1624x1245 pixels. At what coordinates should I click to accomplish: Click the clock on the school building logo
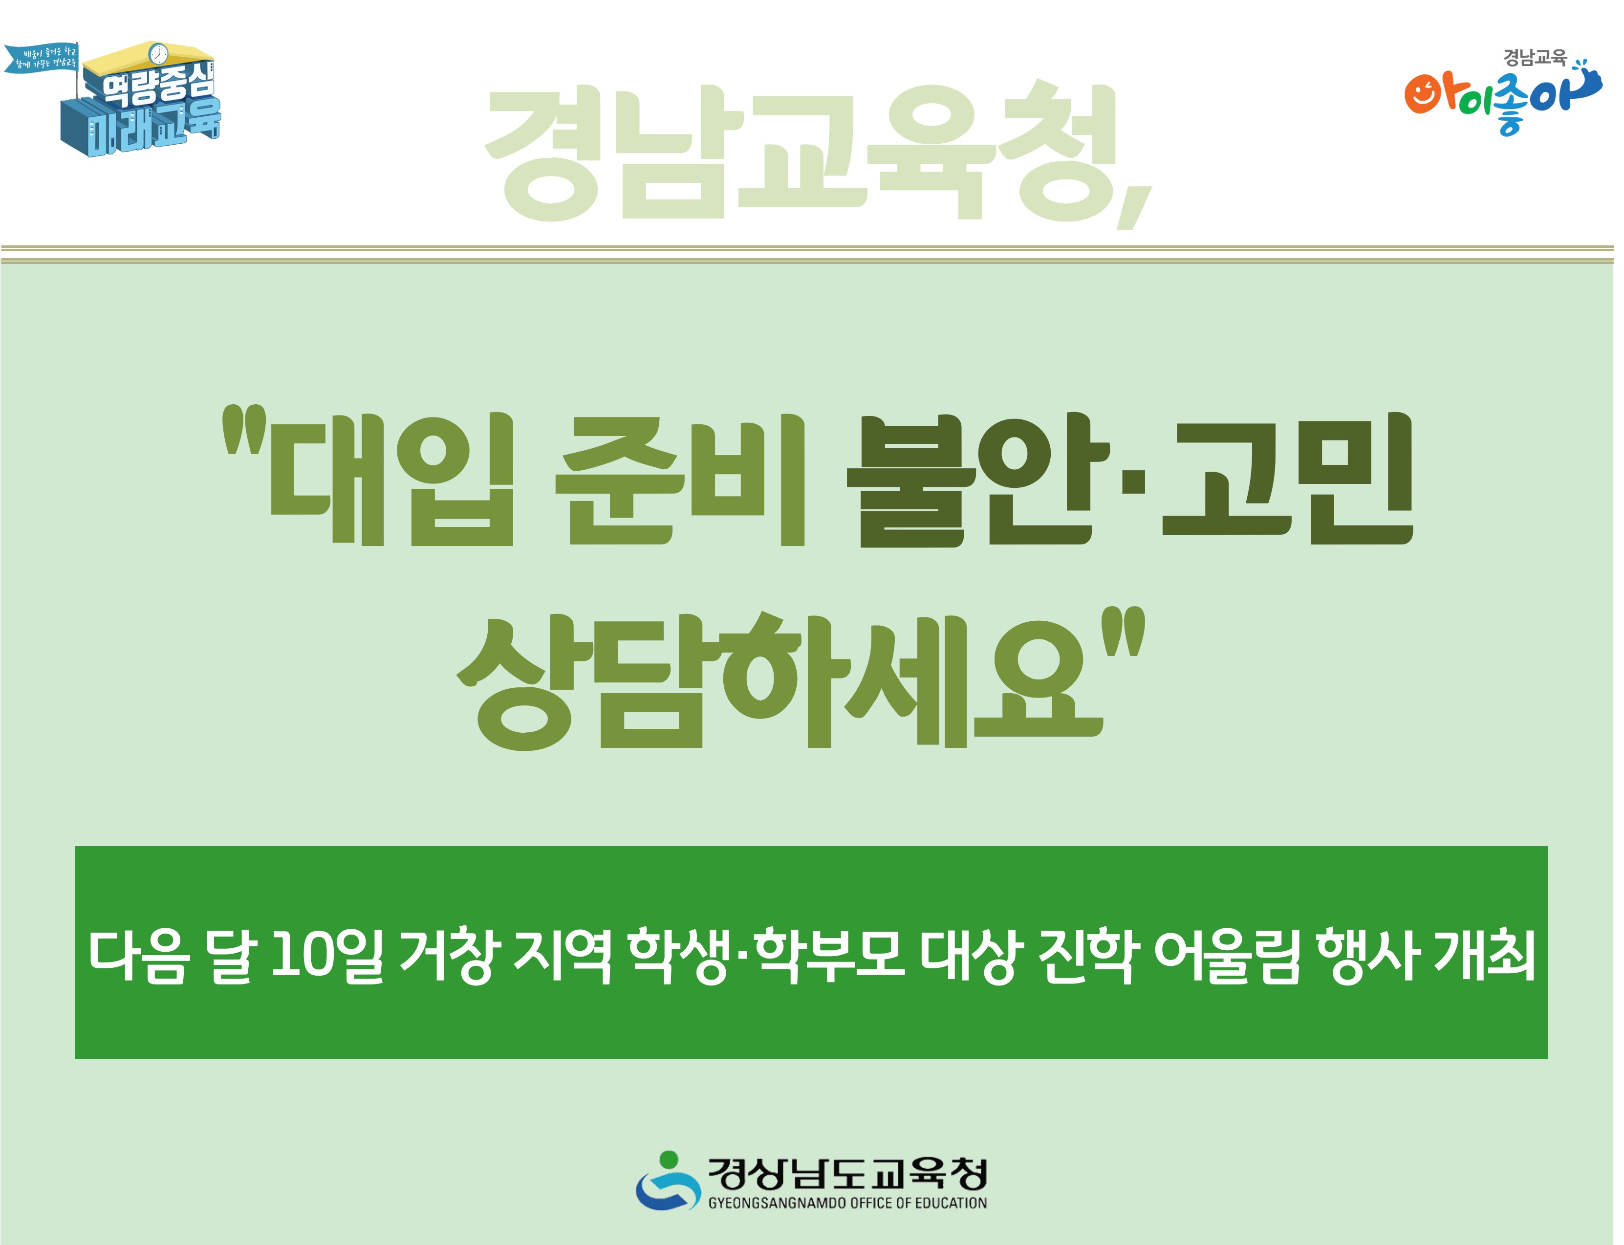(158, 53)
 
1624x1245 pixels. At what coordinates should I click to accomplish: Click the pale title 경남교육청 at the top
(800, 152)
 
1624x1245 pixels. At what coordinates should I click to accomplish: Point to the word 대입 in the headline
(390, 480)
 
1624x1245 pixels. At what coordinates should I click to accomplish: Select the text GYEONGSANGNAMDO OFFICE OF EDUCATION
(847, 1203)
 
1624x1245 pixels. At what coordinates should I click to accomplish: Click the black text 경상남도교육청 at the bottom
(847, 1173)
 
